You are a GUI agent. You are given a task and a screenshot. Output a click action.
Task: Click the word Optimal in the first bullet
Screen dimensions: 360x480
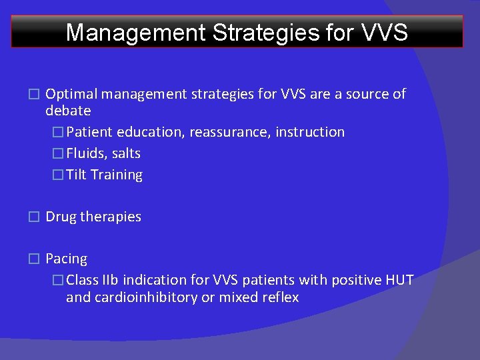click(69, 94)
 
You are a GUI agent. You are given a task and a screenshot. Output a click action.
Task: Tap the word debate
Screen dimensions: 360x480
click(68, 111)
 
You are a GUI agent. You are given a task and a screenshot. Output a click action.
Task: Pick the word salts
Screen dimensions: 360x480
click(126, 153)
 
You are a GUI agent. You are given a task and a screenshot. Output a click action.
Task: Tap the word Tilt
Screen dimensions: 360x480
click(77, 175)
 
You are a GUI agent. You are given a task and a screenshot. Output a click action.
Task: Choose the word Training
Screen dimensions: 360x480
click(117, 175)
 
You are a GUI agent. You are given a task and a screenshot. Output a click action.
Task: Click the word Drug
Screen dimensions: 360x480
click(61, 217)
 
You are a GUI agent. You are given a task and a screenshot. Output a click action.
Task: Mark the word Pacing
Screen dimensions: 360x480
click(66, 259)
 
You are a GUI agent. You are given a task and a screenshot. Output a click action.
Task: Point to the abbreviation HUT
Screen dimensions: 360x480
click(399, 280)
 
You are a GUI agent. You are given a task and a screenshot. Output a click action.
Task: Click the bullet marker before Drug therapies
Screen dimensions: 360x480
click(34, 217)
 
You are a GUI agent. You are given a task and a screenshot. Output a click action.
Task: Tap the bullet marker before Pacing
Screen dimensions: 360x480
click(34, 259)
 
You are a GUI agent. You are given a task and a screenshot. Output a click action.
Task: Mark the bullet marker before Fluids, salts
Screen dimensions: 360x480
click(57, 153)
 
